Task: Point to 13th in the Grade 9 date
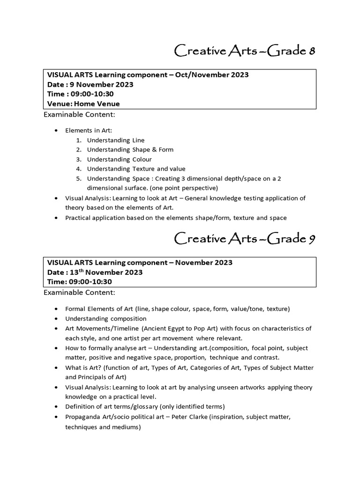pos(77,272)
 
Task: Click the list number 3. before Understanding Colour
pos(79,159)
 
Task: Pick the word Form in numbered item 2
pos(165,150)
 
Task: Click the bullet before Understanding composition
pos(57,319)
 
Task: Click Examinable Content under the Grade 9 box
pos(79,292)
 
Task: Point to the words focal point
pos(271,348)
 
